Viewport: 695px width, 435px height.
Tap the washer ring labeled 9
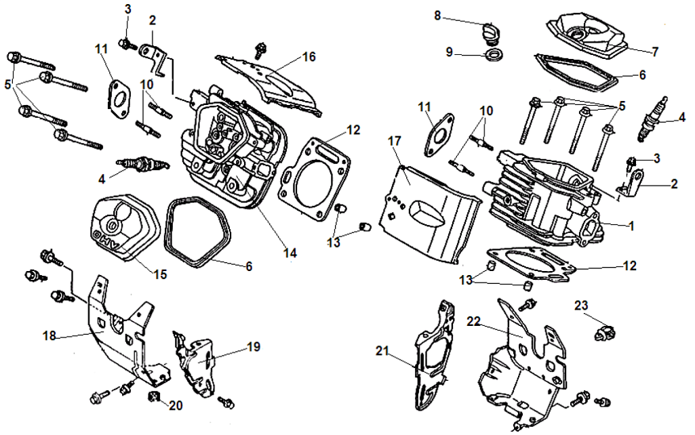494,53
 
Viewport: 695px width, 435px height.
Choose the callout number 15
160,275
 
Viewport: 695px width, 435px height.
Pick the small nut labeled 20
154,396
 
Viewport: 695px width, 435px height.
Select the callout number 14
290,253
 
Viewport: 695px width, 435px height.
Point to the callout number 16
309,57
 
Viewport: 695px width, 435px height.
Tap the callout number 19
252,347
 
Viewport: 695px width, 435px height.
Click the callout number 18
49,335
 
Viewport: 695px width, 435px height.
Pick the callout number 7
656,51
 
